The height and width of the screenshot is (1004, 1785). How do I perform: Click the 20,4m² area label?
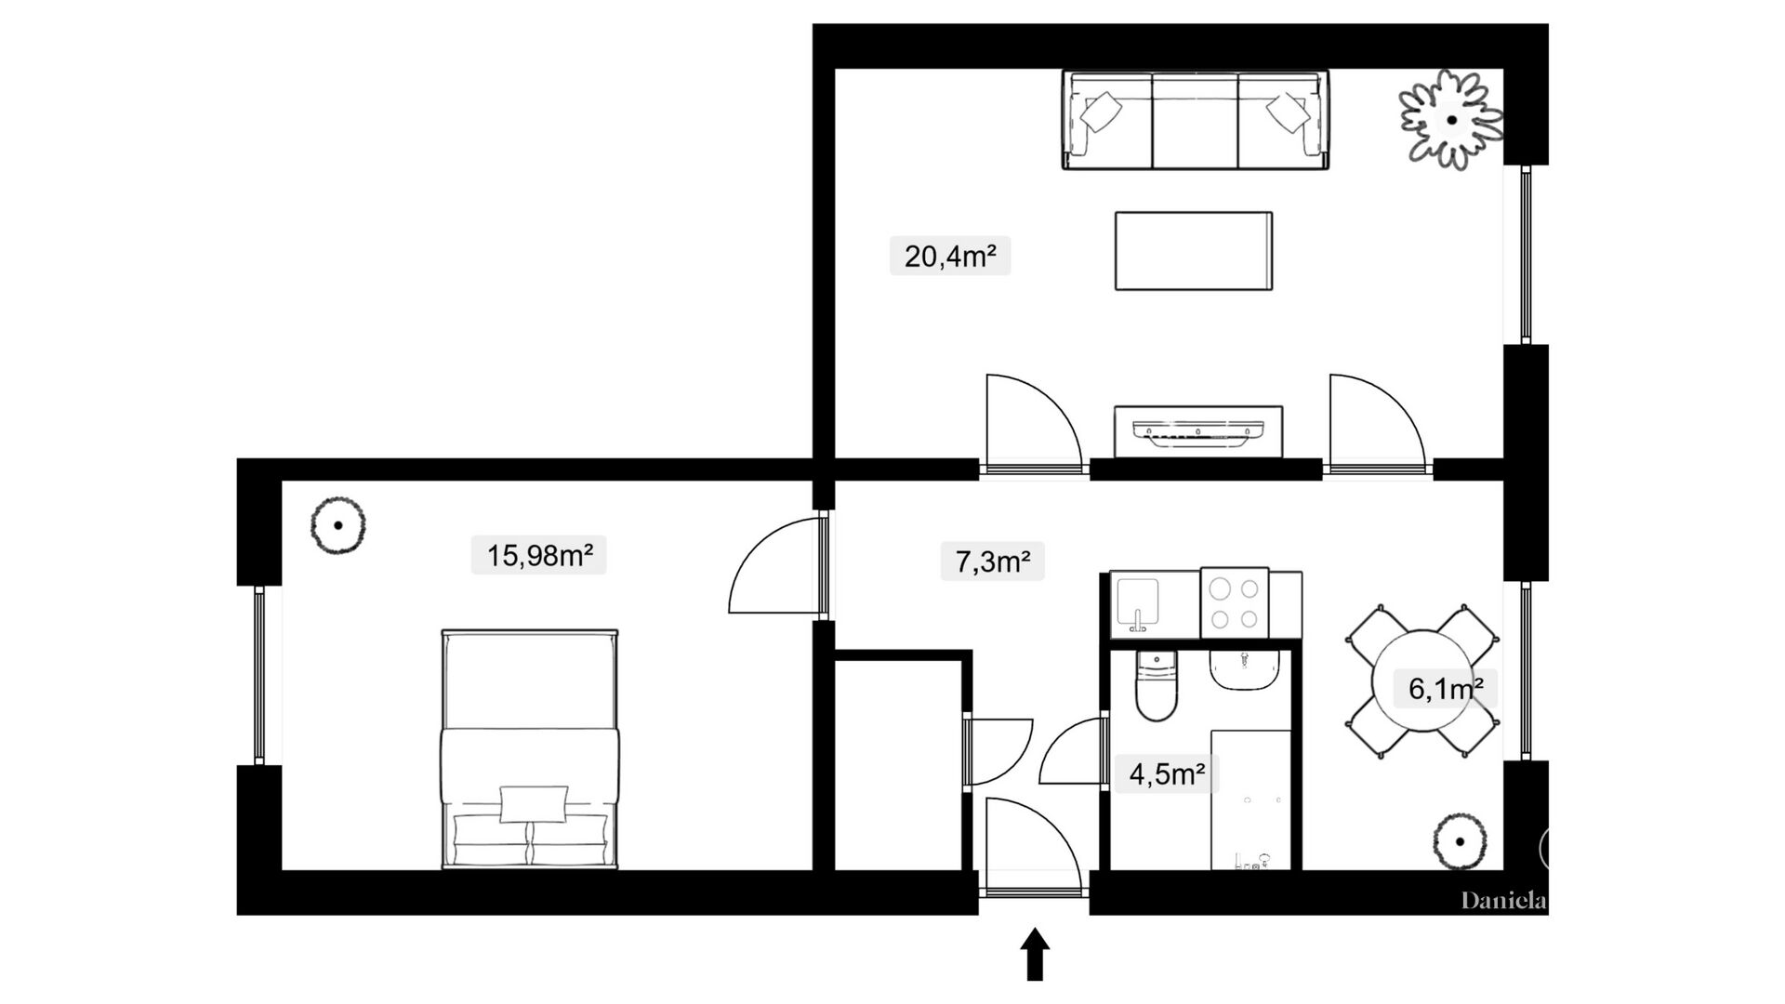tap(950, 256)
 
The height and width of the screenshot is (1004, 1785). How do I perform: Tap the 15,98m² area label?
tap(539, 555)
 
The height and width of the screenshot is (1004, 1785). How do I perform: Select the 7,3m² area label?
tap(992, 561)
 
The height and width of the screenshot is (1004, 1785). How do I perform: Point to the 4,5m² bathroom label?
tap(1167, 773)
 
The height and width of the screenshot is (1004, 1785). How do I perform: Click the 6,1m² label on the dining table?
tap(1446, 689)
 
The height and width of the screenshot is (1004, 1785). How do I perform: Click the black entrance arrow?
tap(1035, 954)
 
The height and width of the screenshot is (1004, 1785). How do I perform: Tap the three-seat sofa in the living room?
tap(1196, 120)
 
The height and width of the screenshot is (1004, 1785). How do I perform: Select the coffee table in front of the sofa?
tap(1194, 251)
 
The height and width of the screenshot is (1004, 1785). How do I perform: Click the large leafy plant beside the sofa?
tap(1451, 120)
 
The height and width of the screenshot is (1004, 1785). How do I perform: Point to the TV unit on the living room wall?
tap(1198, 431)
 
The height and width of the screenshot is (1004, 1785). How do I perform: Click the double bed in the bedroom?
tap(530, 749)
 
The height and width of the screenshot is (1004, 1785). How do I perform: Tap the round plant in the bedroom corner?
tap(337, 525)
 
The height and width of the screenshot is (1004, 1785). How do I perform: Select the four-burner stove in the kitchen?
tap(1235, 603)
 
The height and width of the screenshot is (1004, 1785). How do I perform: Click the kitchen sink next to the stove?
tap(1138, 605)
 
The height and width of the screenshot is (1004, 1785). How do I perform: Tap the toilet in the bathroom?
tap(1157, 686)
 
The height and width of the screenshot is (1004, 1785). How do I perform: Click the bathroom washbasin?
tap(1244, 670)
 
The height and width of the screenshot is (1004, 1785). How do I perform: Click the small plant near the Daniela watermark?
tap(1460, 842)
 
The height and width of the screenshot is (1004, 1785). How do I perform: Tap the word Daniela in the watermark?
tap(1503, 901)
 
